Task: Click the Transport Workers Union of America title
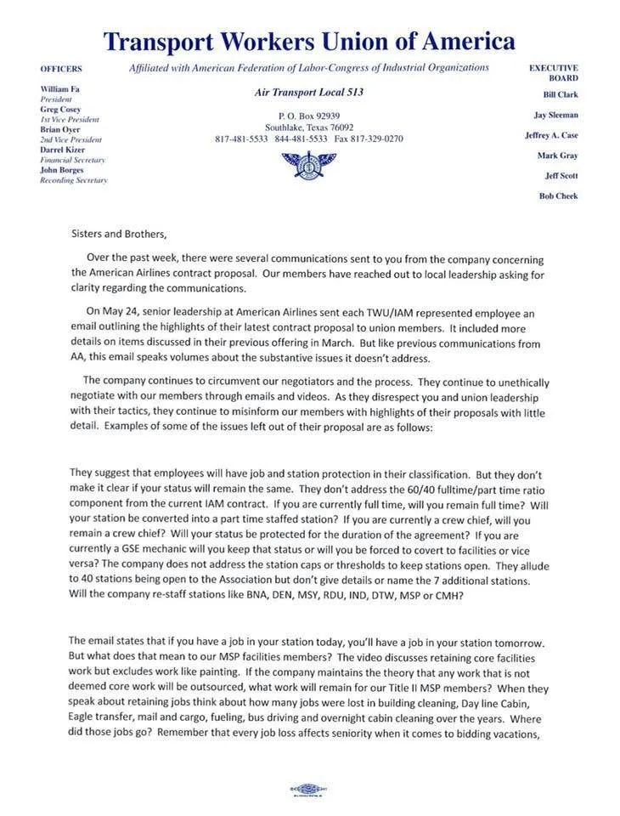tap(309, 40)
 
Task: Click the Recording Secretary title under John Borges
tap(74, 180)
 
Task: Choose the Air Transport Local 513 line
tap(309, 92)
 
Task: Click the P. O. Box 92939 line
tap(309, 116)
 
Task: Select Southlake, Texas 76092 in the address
tap(309, 127)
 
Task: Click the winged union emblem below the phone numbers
tap(309, 161)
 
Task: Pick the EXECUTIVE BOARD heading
tap(554, 72)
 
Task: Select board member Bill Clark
tap(561, 94)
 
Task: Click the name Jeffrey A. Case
tap(551, 135)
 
